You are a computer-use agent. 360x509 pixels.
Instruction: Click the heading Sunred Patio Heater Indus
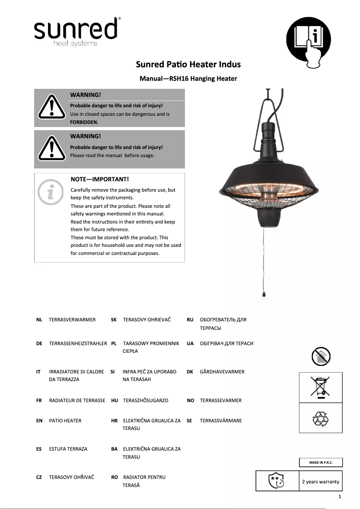point(188,64)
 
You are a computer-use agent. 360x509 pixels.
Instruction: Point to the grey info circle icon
point(51,192)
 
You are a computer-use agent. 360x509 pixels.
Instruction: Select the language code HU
point(114,400)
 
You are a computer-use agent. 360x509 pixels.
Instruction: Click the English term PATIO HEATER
point(65,421)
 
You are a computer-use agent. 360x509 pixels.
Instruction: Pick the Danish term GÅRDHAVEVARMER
point(222,372)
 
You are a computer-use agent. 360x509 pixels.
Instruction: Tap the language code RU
point(190,320)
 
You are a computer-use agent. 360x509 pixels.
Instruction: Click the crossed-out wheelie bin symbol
point(320,387)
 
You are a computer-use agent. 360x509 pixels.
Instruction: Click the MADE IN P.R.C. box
point(320,463)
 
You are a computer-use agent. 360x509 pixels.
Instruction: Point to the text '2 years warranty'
point(320,482)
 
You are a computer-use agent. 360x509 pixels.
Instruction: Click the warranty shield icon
point(276,480)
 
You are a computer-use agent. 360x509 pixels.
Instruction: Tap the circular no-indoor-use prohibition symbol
point(320,356)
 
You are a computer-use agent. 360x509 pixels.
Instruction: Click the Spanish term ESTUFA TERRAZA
point(68,449)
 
